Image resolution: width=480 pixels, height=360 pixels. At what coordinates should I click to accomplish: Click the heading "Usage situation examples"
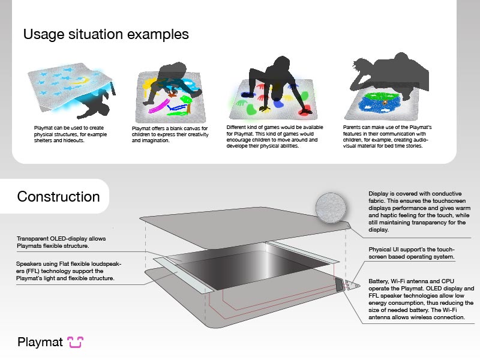tap(106, 34)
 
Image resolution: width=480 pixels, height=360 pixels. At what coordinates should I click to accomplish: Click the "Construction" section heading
tap(58, 197)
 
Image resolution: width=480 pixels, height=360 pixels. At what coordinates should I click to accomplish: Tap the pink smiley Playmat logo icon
tap(76, 342)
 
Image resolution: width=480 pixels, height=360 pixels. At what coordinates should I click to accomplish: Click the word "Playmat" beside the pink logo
tap(40, 342)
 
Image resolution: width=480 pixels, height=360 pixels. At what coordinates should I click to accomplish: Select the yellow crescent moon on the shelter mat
tap(80, 81)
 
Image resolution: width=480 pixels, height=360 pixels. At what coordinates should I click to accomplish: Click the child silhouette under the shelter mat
tap(95, 104)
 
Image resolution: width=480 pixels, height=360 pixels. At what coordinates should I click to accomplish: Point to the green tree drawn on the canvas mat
tap(187, 103)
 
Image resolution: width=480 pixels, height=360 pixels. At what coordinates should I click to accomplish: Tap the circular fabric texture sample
tap(331, 208)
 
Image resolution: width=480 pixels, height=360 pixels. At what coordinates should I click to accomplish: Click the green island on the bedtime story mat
tap(381, 96)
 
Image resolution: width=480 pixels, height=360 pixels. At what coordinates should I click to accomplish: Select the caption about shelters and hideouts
tap(70, 134)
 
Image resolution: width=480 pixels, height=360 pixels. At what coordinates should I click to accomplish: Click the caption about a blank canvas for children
tap(170, 134)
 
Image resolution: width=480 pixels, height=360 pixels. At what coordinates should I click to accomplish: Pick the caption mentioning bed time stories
tap(387, 137)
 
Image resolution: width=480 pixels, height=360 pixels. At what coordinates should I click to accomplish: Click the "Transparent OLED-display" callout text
tap(61, 242)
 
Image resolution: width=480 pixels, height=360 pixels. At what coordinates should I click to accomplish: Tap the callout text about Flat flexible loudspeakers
tap(68, 271)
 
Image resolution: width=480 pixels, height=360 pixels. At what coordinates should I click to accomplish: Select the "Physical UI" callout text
tap(412, 253)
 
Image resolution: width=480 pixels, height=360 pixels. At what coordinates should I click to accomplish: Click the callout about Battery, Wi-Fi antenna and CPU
tap(421, 299)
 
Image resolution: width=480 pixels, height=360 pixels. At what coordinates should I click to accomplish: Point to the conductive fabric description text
tap(419, 212)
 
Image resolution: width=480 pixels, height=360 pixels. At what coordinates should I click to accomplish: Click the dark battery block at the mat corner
tap(340, 284)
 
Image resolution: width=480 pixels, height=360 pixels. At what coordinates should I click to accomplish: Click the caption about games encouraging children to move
tap(275, 137)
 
